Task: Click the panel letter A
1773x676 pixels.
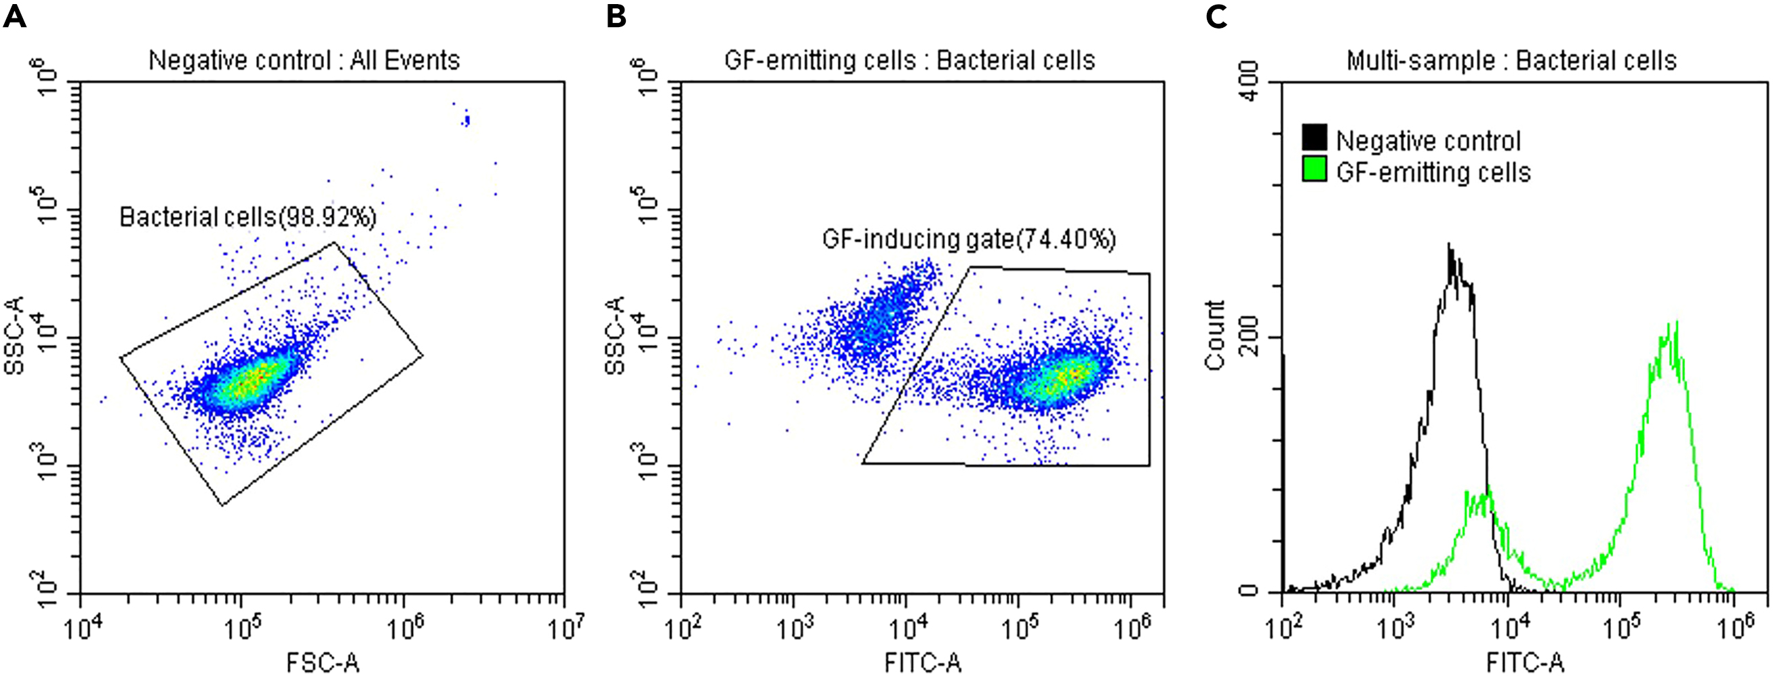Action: click(x=14, y=15)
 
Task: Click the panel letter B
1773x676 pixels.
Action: click(x=616, y=15)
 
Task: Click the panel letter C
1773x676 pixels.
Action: click(x=1216, y=15)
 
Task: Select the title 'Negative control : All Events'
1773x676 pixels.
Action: click(x=304, y=60)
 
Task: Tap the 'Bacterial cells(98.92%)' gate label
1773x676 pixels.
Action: click(x=247, y=218)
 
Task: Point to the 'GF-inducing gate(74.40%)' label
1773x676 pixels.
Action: click(x=968, y=239)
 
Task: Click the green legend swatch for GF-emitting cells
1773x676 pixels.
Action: click(x=1315, y=170)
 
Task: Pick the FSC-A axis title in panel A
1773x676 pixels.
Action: click(x=322, y=662)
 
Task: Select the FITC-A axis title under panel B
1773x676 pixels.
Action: click(x=922, y=662)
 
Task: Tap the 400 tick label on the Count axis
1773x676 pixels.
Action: click(x=1248, y=81)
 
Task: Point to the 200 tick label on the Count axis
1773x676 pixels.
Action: click(x=1248, y=336)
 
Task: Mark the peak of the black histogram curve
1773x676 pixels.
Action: click(x=1450, y=246)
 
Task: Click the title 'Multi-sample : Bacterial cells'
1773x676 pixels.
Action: click(x=1511, y=60)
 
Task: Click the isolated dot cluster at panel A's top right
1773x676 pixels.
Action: click(x=466, y=120)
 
